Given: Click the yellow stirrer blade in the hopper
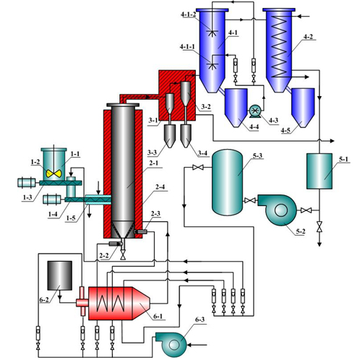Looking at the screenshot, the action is click(53, 173).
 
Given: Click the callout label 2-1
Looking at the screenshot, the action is click(154, 163).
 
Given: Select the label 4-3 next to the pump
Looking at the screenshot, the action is click(273, 120).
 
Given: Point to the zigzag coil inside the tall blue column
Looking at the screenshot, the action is click(279, 46).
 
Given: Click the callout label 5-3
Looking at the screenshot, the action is click(257, 156).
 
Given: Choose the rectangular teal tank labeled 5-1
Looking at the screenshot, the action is click(319, 171).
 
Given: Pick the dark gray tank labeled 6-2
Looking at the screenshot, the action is click(60, 275).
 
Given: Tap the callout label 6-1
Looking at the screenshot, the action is click(158, 316).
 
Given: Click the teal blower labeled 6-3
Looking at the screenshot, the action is click(171, 344).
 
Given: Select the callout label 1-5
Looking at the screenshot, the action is click(71, 218).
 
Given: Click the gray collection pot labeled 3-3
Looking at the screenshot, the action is click(170, 136).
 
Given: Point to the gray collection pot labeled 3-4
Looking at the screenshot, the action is click(186, 136).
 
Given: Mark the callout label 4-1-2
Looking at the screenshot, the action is click(188, 14).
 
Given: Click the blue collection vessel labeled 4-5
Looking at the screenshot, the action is click(303, 108).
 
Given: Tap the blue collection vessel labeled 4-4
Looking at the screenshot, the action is click(236, 108).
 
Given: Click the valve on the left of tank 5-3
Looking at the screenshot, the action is click(198, 167).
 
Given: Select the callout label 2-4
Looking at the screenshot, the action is click(160, 187).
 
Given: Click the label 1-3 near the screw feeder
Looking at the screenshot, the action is click(27, 197).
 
